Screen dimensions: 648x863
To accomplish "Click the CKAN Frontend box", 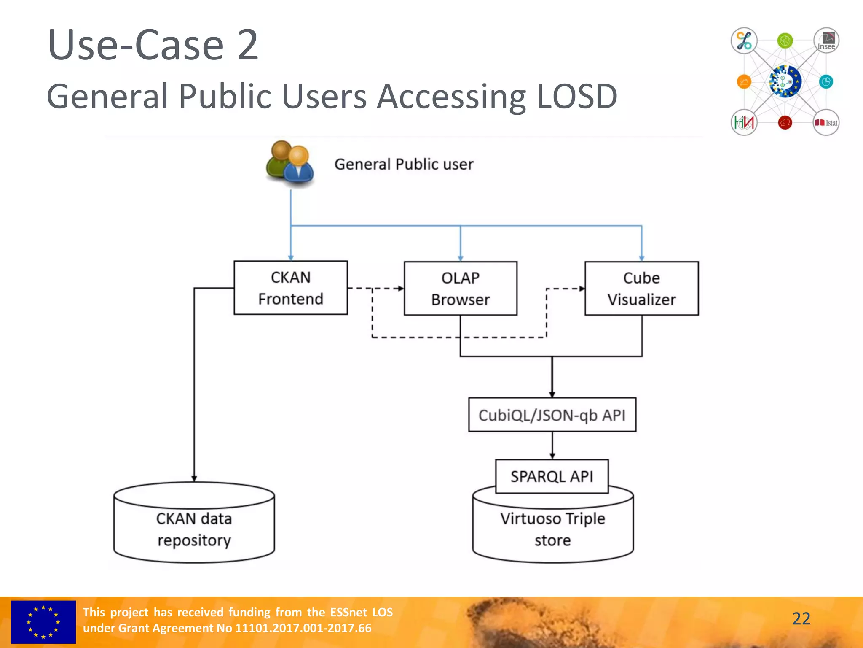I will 290,288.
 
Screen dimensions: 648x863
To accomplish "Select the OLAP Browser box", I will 460,289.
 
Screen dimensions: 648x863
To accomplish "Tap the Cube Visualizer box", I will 641,289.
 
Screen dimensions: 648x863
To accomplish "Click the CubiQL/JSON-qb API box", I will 552,415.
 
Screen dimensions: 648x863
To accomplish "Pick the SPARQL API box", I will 552,476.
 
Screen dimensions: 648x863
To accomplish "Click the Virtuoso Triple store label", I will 552,529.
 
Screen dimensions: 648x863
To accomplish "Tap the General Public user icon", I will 290,164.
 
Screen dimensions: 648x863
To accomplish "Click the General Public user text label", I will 404,164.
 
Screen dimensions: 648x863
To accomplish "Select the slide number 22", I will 801,618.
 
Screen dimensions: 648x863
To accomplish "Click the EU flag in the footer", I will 43,622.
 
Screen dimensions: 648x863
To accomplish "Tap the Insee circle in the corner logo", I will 826,41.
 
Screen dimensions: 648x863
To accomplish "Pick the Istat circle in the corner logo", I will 826,123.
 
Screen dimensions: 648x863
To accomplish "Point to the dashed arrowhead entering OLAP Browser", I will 401,289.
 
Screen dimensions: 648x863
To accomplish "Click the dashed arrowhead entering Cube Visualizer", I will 582,289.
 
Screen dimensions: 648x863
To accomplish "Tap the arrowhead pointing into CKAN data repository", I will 194,478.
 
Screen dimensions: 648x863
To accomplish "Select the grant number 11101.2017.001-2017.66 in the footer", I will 303,628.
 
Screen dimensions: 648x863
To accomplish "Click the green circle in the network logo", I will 785,41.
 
